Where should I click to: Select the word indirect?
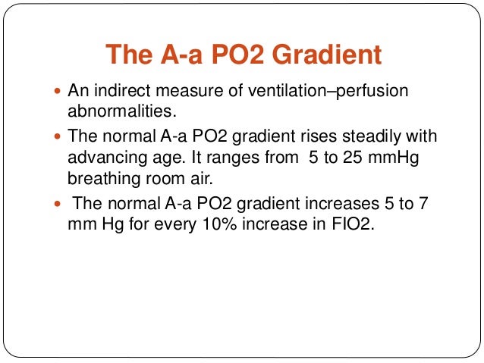coord(120,91)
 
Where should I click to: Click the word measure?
coord(186,91)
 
